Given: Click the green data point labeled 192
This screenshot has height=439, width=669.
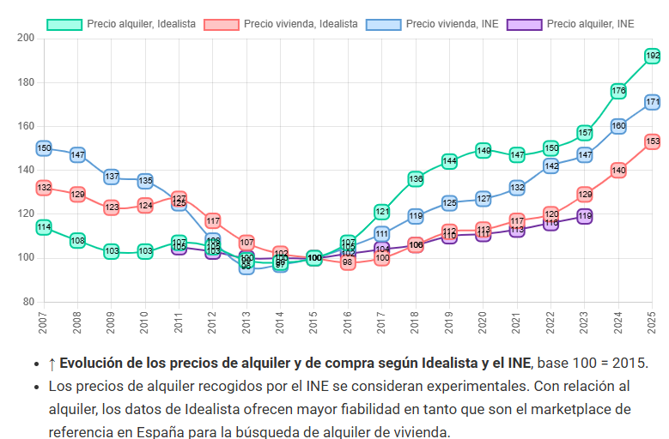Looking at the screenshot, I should tap(652, 56).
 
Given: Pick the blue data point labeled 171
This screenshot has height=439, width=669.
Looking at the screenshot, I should tap(652, 102).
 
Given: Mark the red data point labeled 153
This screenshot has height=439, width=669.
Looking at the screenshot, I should tap(652, 141).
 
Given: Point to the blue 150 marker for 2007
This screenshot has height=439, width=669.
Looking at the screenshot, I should tap(44, 148).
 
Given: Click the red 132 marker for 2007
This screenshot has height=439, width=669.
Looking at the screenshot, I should tap(44, 188).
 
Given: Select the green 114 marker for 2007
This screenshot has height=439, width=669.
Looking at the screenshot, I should tap(44, 227).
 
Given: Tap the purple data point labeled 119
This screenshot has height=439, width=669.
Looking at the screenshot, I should tap(584, 217).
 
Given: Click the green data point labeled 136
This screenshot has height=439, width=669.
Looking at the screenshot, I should tap(416, 179).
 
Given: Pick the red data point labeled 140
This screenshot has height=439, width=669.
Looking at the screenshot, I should tap(618, 171).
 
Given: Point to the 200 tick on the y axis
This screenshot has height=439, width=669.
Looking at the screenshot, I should tap(26, 39).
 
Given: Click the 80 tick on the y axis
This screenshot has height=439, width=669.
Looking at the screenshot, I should tap(28, 302).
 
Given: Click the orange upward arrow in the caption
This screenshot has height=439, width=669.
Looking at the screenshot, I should tap(52, 363).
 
